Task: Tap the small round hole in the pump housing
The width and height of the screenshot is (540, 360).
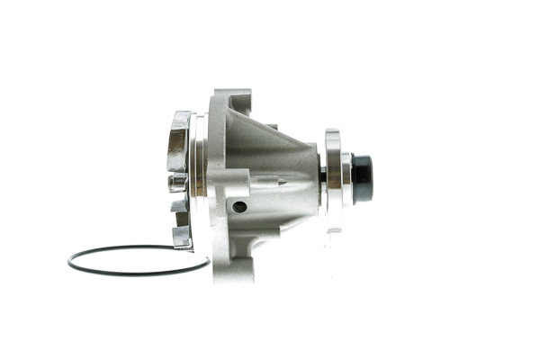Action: coord(238,207)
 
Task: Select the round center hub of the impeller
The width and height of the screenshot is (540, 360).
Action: coord(177,183)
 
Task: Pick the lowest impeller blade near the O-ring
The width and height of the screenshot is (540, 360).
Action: coord(182,236)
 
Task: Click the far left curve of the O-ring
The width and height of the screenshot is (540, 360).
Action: coord(69,262)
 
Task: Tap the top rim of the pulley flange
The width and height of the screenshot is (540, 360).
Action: coord(333,133)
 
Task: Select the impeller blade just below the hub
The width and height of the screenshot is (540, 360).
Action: coord(180,205)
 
